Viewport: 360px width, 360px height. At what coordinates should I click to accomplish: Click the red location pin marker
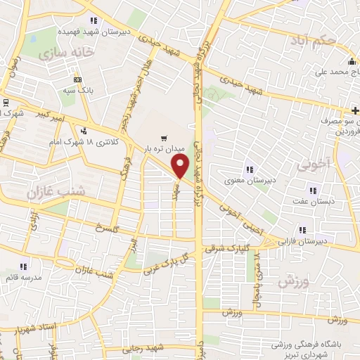pyautogui.click(x=181, y=166)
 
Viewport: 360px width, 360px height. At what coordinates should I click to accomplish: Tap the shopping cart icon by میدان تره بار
pyautogui.click(x=164, y=139)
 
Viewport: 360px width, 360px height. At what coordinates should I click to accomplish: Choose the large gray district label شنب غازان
pyautogui.click(x=56, y=190)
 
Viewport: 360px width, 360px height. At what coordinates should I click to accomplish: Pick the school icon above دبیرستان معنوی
pyautogui.click(x=248, y=169)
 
